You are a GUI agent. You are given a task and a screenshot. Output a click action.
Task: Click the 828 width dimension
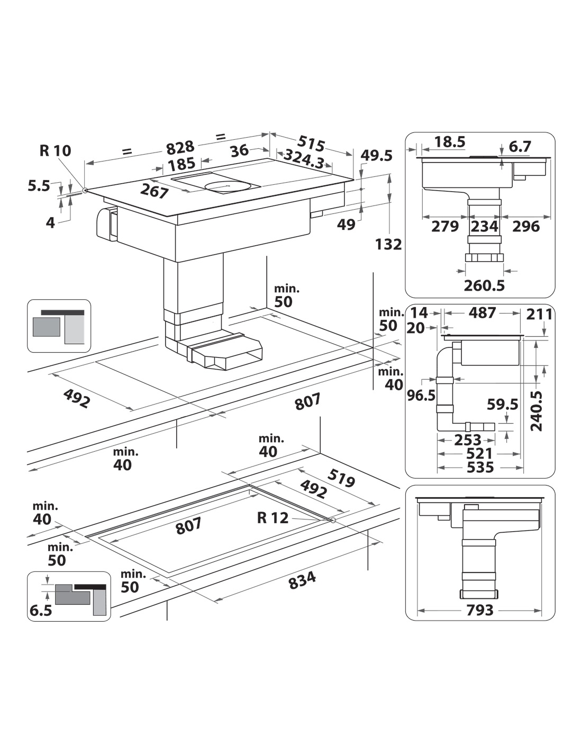pos(180,148)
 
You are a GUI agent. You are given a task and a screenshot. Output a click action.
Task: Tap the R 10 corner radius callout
pos(55,151)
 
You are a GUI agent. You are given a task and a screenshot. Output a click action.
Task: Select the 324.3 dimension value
pos(304,159)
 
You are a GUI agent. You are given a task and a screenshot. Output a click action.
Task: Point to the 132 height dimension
pos(388,245)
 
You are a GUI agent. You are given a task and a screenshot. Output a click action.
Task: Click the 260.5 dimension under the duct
pos(484,285)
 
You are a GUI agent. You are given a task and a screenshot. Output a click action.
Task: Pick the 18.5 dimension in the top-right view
pos(450,142)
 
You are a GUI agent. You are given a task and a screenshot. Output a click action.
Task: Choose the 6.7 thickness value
pos(520,147)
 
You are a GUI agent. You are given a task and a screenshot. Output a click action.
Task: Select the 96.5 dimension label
pos(421,395)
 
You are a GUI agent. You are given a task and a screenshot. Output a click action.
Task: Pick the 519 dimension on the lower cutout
pos(341,478)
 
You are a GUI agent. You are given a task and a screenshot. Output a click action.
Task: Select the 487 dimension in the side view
pos(483,313)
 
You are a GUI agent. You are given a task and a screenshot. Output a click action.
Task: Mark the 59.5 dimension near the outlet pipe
pos(502,405)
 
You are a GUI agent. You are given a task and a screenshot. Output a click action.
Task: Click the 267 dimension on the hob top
pos(154,191)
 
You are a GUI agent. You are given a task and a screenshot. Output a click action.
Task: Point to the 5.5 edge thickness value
pos(39,186)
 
